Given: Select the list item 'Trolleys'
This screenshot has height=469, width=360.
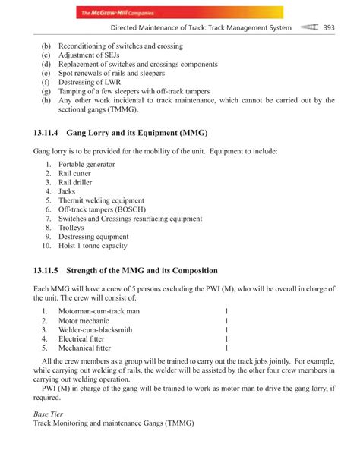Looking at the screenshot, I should [x=71, y=228].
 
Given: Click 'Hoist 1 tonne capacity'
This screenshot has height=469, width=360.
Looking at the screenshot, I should [x=93, y=246].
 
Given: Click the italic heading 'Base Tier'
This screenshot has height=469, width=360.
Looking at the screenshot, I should [x=51, y=414].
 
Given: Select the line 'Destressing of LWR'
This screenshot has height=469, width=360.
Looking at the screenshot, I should [x=95, y=82].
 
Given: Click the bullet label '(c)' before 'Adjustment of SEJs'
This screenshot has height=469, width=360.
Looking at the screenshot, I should [x=46, y=55].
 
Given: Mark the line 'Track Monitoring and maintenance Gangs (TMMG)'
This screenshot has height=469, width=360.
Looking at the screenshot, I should [x=114, y=423].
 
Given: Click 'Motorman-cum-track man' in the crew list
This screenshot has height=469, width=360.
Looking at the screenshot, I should [x=99, y=311].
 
